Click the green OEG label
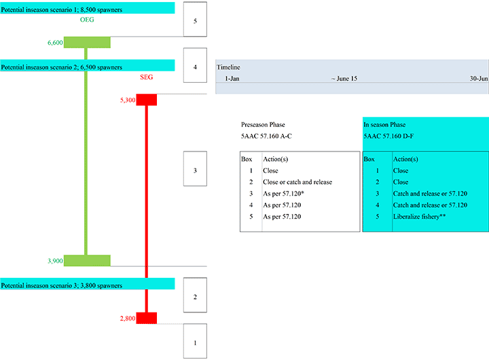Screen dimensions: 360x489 coord(87,20)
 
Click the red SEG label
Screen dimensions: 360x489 coord(146,77)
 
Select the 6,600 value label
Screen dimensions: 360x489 coord(55,42)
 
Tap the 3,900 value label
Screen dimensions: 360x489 coord(55,261)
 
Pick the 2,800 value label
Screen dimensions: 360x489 coord(128,318)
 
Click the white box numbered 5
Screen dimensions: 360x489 coord(196,21)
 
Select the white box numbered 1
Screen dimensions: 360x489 coord(196,342)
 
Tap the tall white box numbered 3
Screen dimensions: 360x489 coord(196,170)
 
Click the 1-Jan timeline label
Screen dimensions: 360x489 coord(232,79)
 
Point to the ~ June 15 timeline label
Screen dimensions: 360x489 coord(344,79)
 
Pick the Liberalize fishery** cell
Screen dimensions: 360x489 coord(418,216)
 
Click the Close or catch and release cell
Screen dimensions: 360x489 coord(297,182)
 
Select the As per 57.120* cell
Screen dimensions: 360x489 coord(283,194)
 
